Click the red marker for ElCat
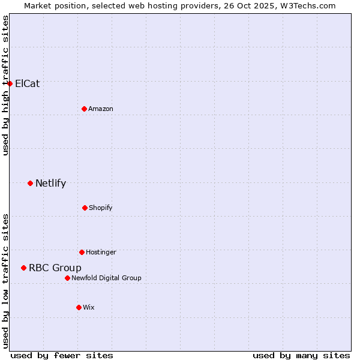(x=10, y=83)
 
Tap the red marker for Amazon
(x=84, y=109)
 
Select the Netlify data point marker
(x=30, y=183)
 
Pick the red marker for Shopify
(x=85, y=208)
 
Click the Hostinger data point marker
(x=82, y=252)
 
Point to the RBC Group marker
(x=23, y=268)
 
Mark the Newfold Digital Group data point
(x=67, y=278)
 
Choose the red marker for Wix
(x=79, y=307)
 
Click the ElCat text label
(x=27, y=83)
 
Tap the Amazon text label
(x=101, y=109)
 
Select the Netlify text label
(x=50, y=183)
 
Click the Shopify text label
(x=101, y=208)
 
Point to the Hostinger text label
(x=101, y=252)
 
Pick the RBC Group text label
(x=55, y=268)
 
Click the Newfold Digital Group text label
(x=106, y=278)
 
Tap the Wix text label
(x=89, y=307)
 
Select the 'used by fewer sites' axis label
(x=62, y=355)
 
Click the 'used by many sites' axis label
(x=301, y=355)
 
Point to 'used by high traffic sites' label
(x=5, y=85)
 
